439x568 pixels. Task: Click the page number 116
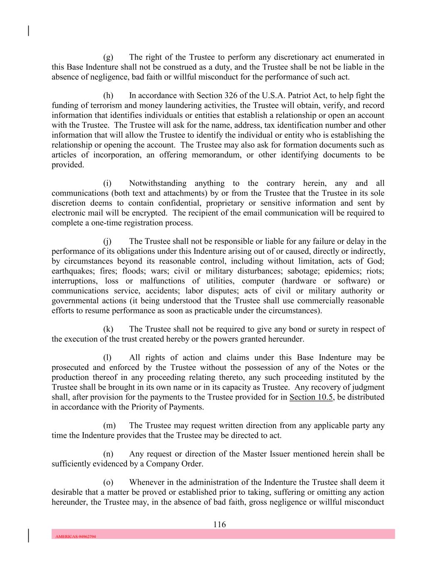219,524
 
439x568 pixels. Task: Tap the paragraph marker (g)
108,57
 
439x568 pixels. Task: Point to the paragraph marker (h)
108,95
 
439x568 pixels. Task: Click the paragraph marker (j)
107,241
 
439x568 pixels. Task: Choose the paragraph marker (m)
109,425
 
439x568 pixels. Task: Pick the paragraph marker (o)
108,482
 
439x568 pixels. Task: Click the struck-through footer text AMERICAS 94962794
76,536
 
